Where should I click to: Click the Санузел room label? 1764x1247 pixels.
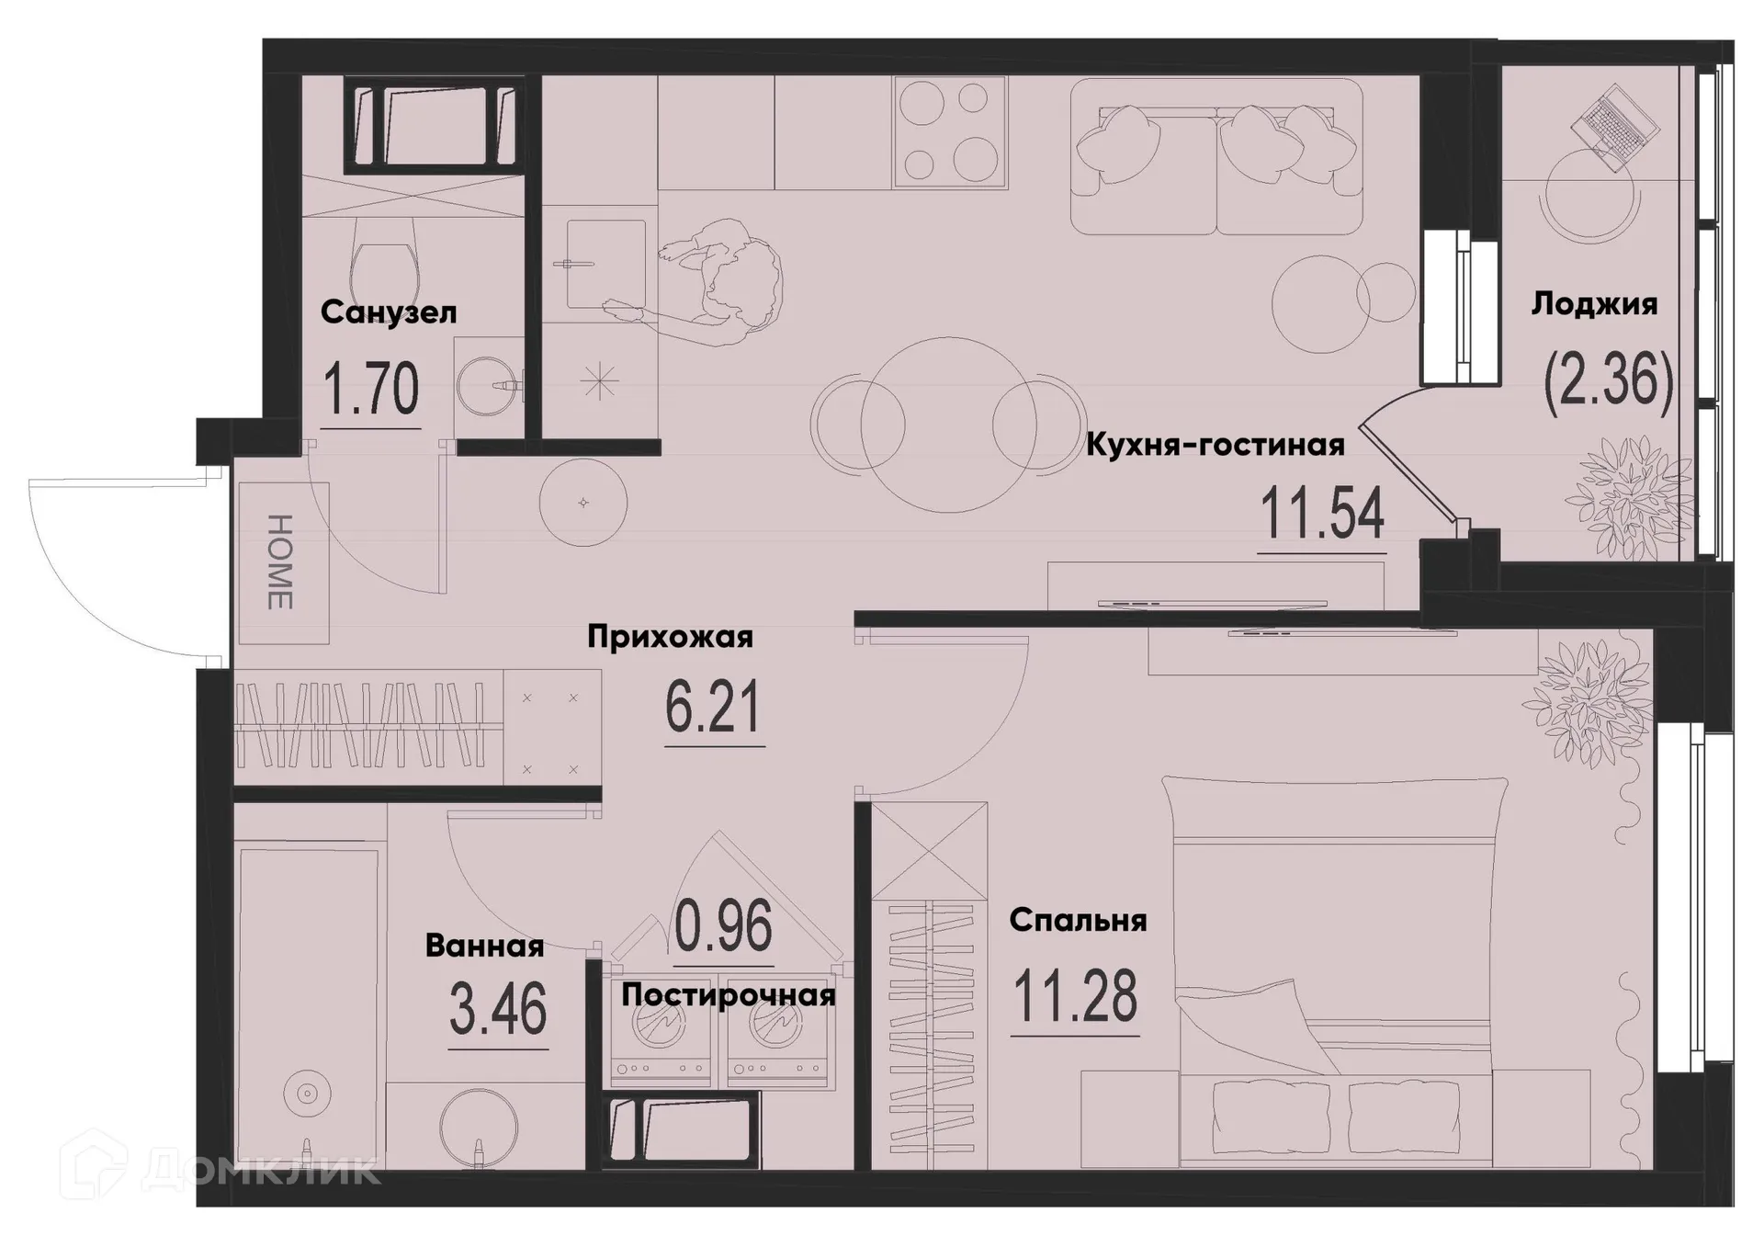coord(388,312)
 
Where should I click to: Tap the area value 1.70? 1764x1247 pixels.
coord(371,390)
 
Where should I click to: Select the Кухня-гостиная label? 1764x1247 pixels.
coord(1215,446)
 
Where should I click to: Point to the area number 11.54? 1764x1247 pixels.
coord(1321,515)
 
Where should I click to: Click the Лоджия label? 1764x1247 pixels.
coord(1594,304)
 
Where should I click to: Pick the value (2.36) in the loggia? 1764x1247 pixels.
coord(1608,383)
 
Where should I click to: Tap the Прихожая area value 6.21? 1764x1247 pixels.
coord(713,709)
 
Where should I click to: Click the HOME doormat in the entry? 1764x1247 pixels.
coord(282,562)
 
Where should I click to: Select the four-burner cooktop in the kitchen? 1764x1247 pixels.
coord(950,130)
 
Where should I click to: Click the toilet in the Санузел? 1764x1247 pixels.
coord(386,262)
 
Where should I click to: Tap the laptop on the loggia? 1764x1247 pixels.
coord(1615,129)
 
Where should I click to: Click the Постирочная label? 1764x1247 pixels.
coord(728,995)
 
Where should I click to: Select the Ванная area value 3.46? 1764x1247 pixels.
coord(498,1009)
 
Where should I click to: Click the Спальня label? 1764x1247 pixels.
coord(1077,920)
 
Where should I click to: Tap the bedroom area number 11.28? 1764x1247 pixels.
coord(1075,997)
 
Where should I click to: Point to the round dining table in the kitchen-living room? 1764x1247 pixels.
coord(950,425)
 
